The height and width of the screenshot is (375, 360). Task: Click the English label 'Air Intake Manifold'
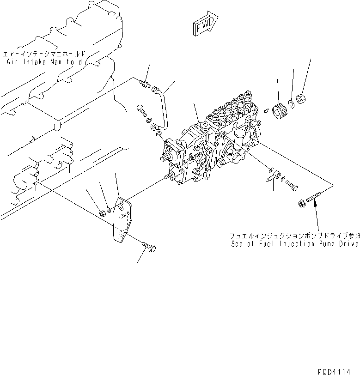[x=45, y=61]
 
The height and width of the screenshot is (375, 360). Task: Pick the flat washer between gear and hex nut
[x=291, y=104]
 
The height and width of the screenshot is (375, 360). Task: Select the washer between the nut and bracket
[x=108, y=210]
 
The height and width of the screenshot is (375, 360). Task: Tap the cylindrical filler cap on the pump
[x=240, y=138]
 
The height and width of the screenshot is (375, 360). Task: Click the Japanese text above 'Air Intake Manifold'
[x=44, y=53]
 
